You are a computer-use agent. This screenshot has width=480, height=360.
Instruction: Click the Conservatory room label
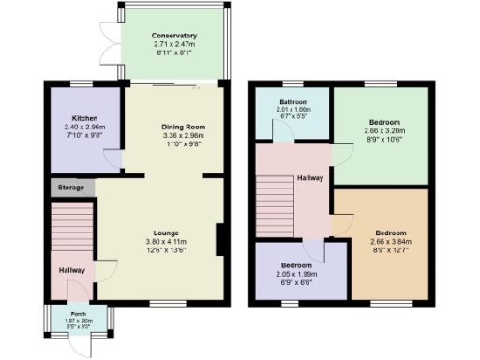174,36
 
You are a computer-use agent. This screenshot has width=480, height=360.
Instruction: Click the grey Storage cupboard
73,187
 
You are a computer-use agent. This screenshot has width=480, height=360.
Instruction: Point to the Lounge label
167,232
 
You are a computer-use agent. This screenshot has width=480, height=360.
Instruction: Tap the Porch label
72,314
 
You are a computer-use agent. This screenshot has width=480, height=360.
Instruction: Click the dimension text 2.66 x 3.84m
391,241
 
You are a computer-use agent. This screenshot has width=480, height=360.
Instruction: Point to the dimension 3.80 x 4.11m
167,241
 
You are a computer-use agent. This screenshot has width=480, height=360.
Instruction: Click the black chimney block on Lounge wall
219,239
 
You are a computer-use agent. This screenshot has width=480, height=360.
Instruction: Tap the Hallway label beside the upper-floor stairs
310,177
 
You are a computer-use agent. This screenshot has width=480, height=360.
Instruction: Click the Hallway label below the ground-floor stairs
72,271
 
